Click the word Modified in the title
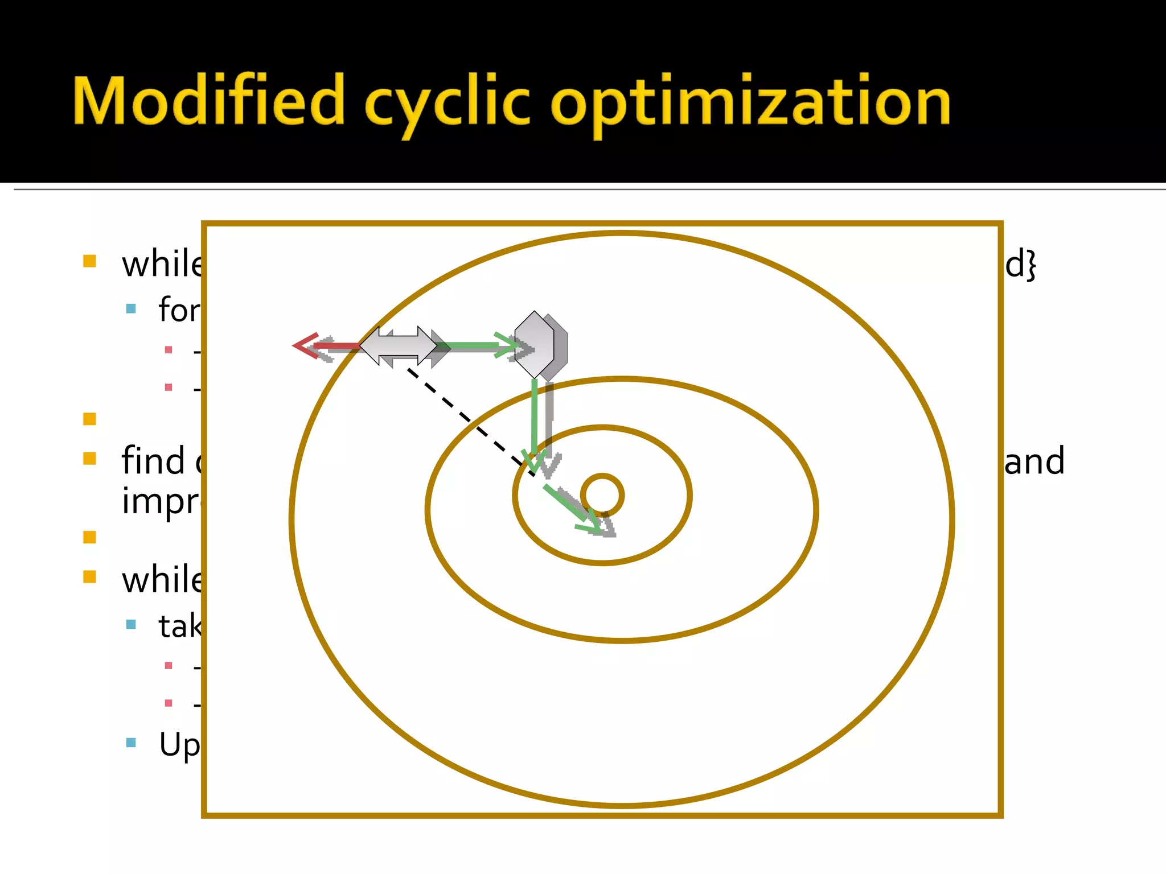coord(208,101)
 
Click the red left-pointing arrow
coord(325,345)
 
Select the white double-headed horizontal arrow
coord(399,345)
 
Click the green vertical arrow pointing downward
coord(535,421)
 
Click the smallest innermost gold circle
coord(602,495)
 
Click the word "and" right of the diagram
coord(1034,461)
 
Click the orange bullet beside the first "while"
coord(89,261)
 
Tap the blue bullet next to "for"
coord(131,309)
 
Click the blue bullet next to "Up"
coord(131,743)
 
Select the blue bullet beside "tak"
coord(131,625)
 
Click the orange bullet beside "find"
coord(89,459)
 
